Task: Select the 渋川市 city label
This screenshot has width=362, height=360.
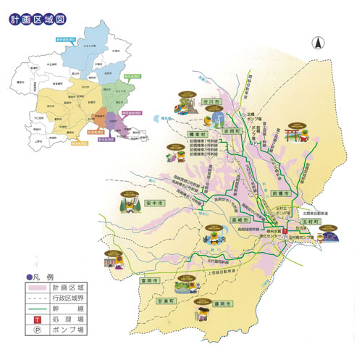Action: tap(211, 103)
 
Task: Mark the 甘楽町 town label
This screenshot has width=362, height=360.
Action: tap(167, 298)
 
